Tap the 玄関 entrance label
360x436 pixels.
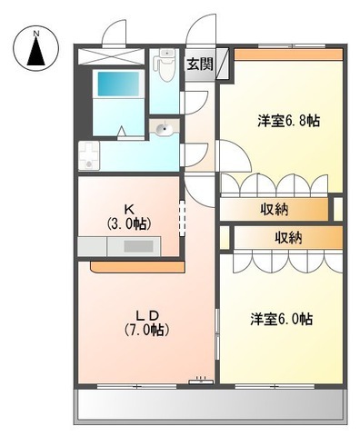200,64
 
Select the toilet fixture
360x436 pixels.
165,64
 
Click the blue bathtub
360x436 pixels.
118,84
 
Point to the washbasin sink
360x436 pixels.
165,128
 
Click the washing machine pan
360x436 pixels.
89,156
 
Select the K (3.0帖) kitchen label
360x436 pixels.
128,217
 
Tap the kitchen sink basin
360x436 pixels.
137,245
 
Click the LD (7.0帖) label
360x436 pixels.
146,322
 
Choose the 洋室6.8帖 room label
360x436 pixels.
289,121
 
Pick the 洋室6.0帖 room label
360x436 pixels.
282,319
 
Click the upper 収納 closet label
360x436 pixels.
275,209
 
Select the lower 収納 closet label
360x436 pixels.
288,238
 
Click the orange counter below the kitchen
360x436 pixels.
138,266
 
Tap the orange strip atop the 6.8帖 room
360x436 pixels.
288,54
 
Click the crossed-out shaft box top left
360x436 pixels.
111,56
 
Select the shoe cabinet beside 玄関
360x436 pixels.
222,64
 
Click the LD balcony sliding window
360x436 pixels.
137,386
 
